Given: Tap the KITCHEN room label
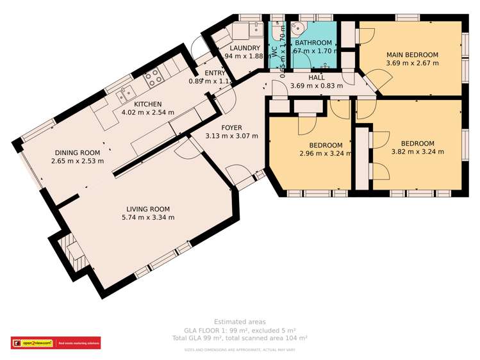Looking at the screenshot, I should (147, 104).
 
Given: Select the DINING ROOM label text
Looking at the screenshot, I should (78, 152).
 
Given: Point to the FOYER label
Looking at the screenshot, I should (231, 127).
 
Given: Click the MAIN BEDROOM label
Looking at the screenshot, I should (412, 55).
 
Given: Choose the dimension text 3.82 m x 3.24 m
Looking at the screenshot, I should (417, 152).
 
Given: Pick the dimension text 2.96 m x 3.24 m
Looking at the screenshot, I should (326, 154).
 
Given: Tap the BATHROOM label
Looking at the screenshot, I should (313, 43).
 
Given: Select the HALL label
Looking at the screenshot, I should (317, 78).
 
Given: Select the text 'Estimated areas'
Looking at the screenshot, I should (240, 322).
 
